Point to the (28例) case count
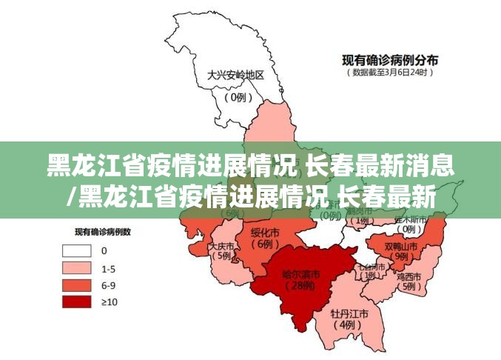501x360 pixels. [x=300, y=286]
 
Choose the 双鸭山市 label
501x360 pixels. [x=400, y=245]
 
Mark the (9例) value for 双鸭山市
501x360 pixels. [x=400, y=256]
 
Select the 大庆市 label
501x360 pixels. [x=221, y=246]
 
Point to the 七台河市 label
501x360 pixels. [x=370, y=266]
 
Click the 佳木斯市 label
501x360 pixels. [x=410, y=219]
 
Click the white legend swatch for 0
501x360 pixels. [x=78, y=251]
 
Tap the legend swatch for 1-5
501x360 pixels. [x=78, y=267]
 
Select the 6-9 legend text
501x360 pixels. [x=108, y=284]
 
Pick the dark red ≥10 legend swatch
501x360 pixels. [x=78, y=301]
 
